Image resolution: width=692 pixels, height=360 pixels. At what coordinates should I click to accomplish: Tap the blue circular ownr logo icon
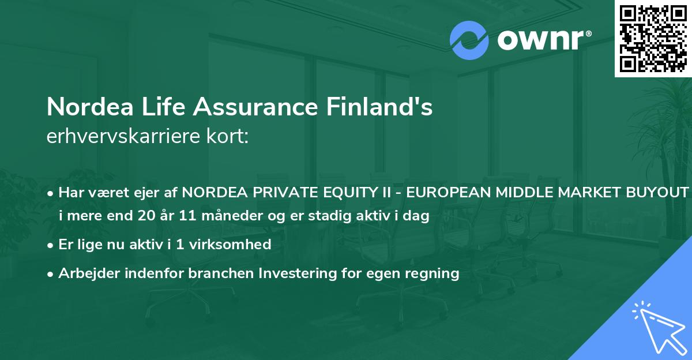pyautogui.click(x=469, y=40)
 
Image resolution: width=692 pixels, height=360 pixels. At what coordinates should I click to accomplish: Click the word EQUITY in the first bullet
pyautogui.click(x=336, y=193)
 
